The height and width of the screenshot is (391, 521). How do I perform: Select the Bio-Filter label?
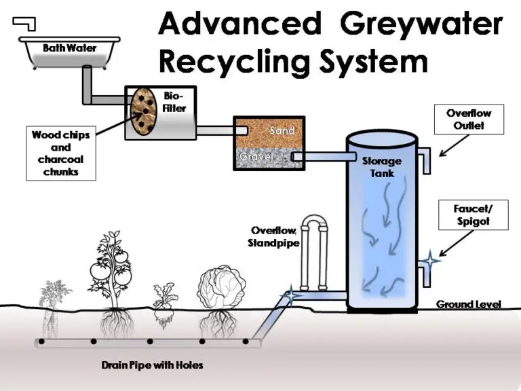174,103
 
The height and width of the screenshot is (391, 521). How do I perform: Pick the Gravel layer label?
255,157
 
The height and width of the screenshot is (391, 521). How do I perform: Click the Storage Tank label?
382,167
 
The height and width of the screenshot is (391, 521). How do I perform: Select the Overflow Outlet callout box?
468,119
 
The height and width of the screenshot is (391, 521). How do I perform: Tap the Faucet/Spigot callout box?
472,215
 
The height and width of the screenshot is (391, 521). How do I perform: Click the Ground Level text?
468,304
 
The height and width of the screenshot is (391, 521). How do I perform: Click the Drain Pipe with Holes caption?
152,366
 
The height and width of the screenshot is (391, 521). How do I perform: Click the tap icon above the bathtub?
26,24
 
